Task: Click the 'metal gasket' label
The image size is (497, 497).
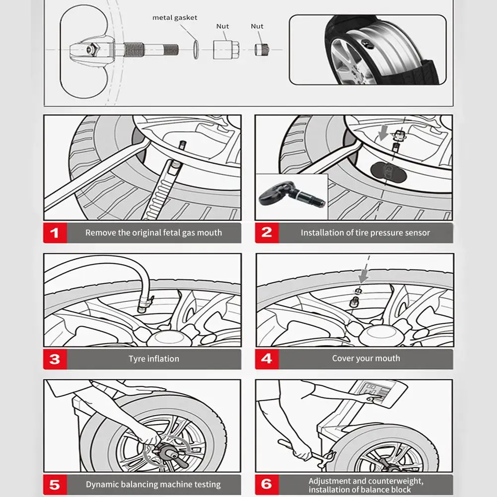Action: click(174, 18)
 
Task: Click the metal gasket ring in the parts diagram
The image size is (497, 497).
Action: click(196, 50)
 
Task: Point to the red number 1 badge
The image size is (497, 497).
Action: click(55, 233)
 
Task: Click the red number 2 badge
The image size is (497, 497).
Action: click(267, 233)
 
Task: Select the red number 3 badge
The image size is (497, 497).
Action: click(55, 359)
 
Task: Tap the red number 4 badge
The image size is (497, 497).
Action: click(267, 359)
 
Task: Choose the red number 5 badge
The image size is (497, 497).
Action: click(55, 485)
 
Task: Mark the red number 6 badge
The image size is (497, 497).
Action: click(267, 485)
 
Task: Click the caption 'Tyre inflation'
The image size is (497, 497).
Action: click(153, 359)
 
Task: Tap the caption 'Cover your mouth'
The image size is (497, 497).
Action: click(366, 358)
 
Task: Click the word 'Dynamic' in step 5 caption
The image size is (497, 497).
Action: click(102, 485)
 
